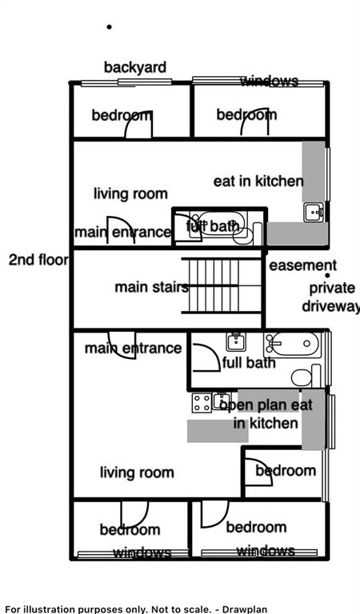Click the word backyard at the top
coord(134,67)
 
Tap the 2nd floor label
coord(38,260)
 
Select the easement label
coord(302,265)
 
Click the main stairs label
coord(151,287)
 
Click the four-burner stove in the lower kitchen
coord(202,403)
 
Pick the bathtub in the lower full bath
coord(292,345)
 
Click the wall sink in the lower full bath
coord(235,342)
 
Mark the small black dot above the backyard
coord(109,26)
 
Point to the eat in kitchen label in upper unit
coord(258,181)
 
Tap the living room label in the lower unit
coord(136,472)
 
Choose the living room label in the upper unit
coord(130,193)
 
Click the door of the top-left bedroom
coord(142,123)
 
